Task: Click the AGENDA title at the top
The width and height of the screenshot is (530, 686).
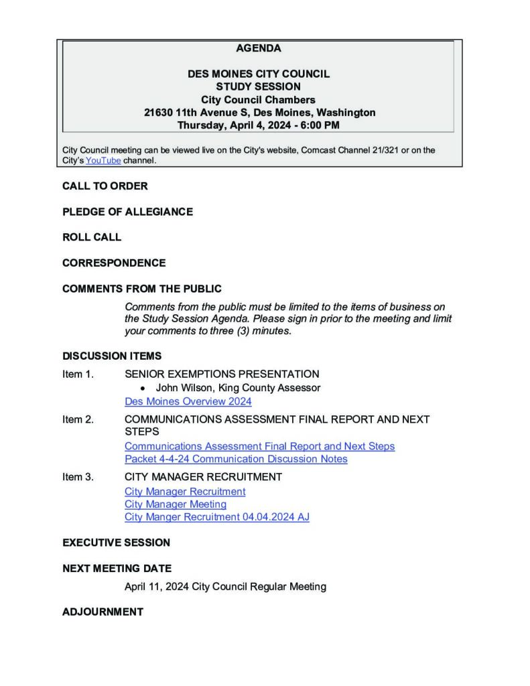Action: (259, 48)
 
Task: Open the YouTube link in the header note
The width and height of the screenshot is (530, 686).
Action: (103, 161)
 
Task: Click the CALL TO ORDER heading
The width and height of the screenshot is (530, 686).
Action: (105, 186)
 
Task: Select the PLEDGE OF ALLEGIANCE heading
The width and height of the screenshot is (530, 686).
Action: (127, 212)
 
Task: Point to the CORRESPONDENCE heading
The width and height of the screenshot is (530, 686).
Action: (114, 263)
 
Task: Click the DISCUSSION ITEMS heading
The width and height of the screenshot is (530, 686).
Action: (112, 356)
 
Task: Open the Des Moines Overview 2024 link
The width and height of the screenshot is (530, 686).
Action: (188, 401)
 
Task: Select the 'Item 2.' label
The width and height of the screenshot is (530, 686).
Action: (78, 419)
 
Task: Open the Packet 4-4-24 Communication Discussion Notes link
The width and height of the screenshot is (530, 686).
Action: (236, 459)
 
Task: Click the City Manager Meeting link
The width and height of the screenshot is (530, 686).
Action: (176, 504)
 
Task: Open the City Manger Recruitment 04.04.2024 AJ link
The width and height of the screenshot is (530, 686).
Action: (217, 517)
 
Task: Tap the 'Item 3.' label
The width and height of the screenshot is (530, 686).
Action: (78, 477)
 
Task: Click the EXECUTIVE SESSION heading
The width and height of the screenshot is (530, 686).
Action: (116, 542)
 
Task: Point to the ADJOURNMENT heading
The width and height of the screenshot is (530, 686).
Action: (103, 612)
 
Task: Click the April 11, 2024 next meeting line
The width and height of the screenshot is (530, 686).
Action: (225, 587)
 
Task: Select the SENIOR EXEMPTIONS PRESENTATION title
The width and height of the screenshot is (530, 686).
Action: (222, 374)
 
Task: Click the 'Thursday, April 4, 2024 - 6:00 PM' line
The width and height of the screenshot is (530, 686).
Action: (259, 125)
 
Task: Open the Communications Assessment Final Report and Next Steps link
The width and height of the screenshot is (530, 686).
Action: (259, 446)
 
